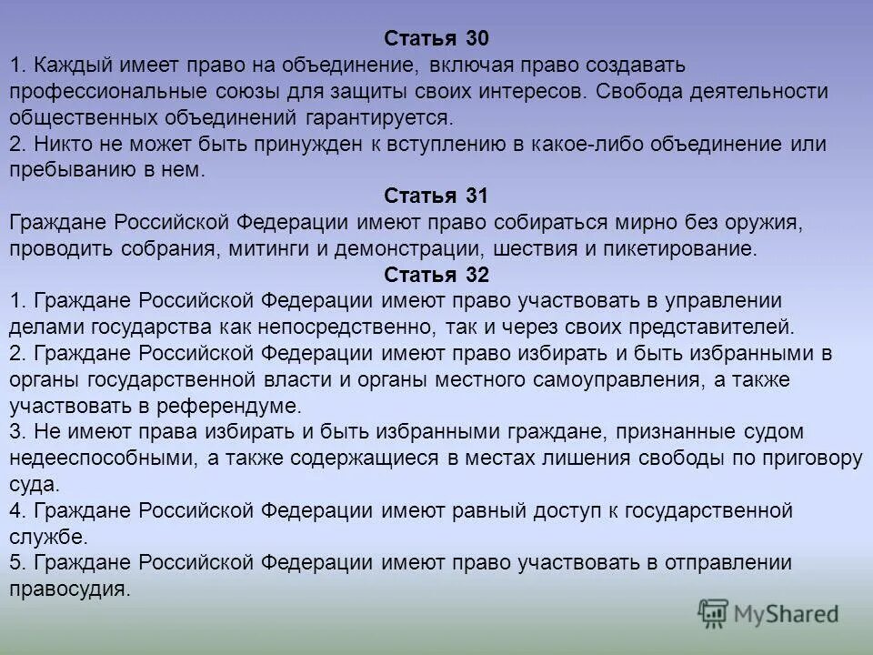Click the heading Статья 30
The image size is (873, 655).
point(436,39)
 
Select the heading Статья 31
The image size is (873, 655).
point(436,196)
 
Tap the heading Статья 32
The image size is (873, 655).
point(436,276)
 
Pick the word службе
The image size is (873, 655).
point(47,537)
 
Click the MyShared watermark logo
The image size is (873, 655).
point(768,614)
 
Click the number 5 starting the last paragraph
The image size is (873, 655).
point(15,563)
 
